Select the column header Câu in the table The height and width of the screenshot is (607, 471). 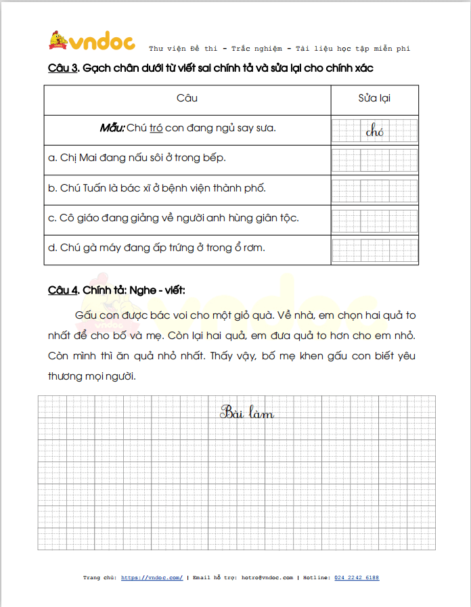(187, 98)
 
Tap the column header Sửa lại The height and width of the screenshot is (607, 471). (374, 98)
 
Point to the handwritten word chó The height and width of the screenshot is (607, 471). (374, 131)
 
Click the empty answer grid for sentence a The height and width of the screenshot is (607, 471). (375, 160)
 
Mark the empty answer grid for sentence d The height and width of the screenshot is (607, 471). (375, 250)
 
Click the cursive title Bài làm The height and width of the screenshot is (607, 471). (246, 412)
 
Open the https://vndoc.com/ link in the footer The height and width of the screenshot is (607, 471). (152, 577)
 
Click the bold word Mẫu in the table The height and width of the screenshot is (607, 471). (112, 127)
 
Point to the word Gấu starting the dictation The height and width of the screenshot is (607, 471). (87, 315)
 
